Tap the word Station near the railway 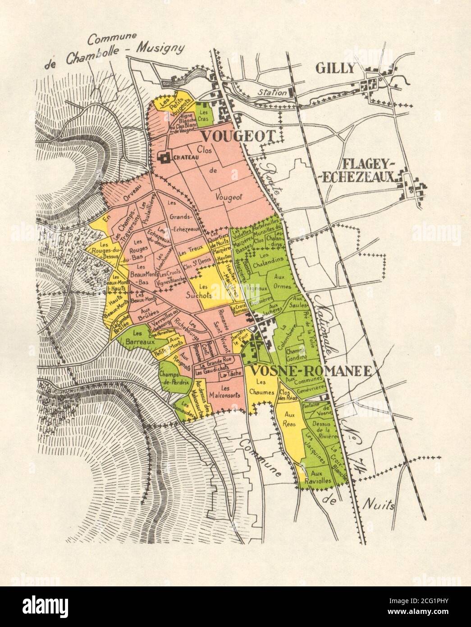[x=272, y=92]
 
